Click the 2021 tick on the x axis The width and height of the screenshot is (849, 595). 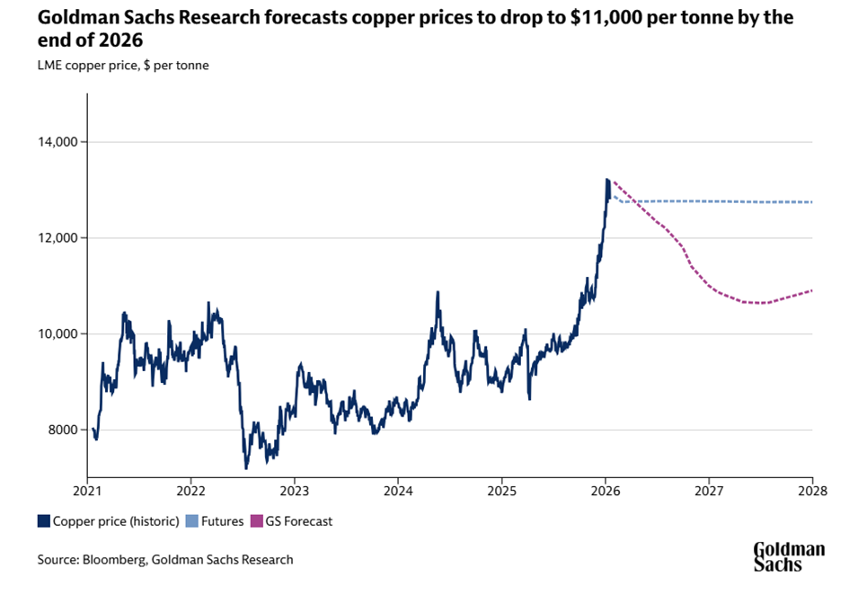[x=88, y=492]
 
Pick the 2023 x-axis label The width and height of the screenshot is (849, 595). [x=295, y=492]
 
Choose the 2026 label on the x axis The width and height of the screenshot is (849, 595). [x=606, y=492]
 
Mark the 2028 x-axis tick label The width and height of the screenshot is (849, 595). [x=812, y=492]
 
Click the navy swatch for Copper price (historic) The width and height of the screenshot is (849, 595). [x=43, y=520]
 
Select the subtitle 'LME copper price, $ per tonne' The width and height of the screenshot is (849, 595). [x=123, y=65]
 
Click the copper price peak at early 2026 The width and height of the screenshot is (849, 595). [x=607, y=179]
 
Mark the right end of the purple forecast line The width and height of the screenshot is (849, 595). [x=812, y=290]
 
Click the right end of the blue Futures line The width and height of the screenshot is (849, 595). [x=812, y=202]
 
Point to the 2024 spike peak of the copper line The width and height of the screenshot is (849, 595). [x=438, y=292]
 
